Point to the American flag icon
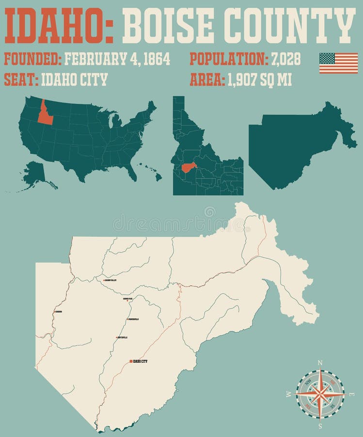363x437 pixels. pyautogui.click(x=338, y=63)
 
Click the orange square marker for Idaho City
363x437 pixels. pyautogui.click(x=131, y=361)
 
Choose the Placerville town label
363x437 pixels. pyautogui.click(x=133, y=319)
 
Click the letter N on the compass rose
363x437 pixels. pyautogui.click(x=320, y=363)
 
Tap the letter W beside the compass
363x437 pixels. pyautogui.click(x=289, y=394)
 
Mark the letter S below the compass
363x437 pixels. pyautogui.click(x=320, y=426)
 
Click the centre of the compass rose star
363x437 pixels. pyautogui.click(x=320, y=394)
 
